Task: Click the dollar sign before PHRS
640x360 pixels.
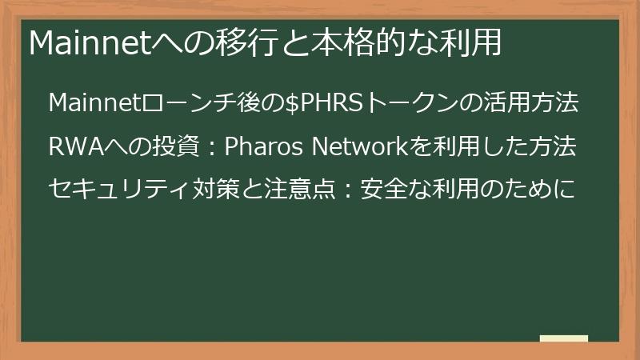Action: tap(292, 104)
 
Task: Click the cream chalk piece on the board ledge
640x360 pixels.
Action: tap(563, 338)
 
